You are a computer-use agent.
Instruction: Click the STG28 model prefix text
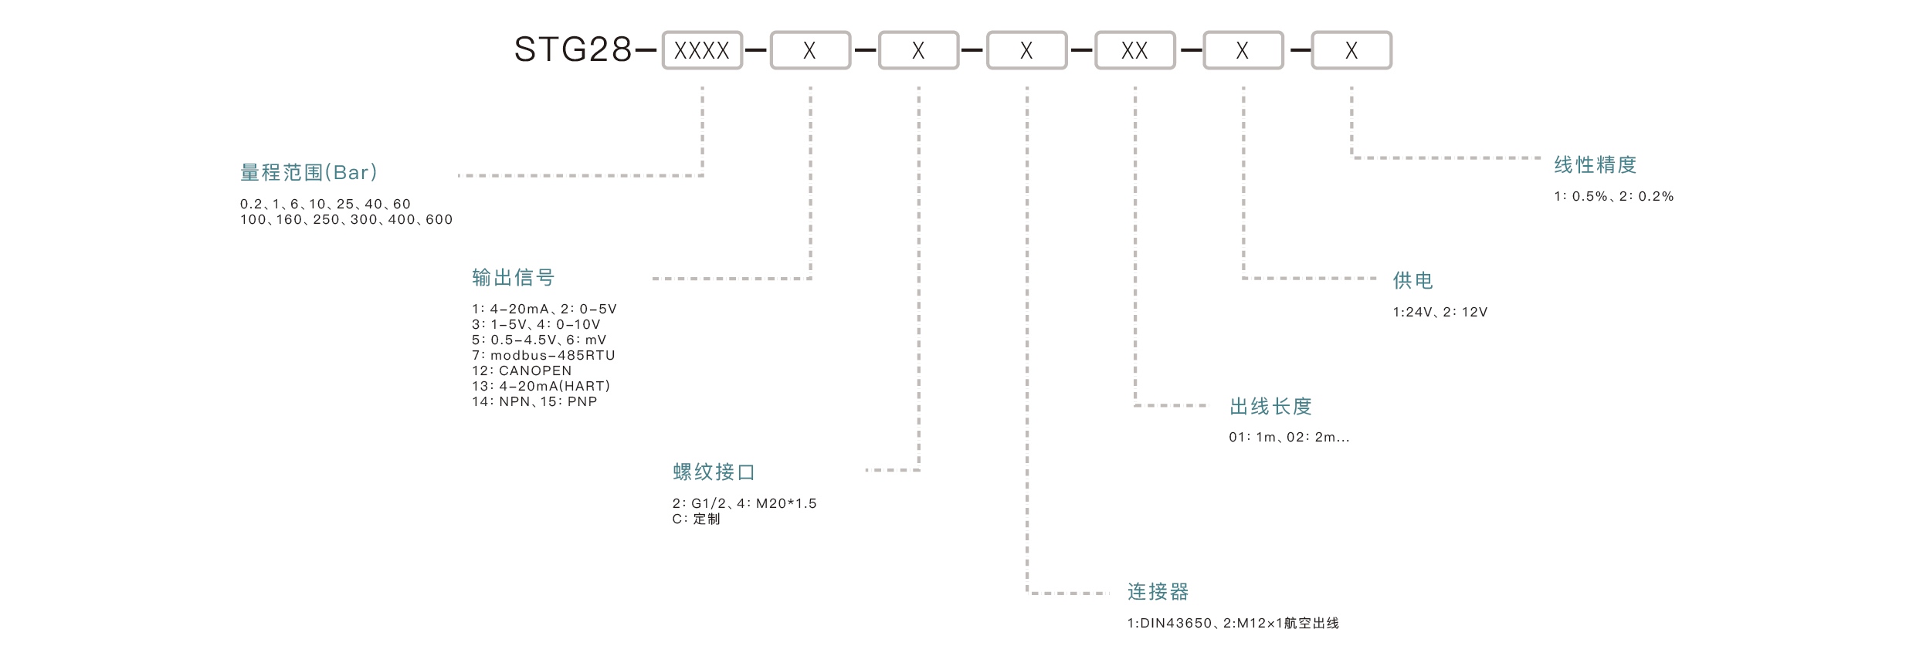pyautogui.click(x=573, y=50)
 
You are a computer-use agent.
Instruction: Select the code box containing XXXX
pyautogui.click(x=701, y=51)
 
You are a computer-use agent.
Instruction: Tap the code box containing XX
pyautogui.click(x=1134, y=51)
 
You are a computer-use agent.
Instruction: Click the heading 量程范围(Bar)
pyautogui.click(x=309, y=172)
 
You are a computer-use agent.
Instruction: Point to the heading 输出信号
pyautogui.click(x=514, y=277)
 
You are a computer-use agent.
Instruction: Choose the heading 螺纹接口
pyautogui.click(x=714, y=472)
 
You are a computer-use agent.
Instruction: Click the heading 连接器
pyautogui.click(x=1158, y=592)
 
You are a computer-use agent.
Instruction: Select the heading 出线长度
pyautogui.click(x=1270, y=406)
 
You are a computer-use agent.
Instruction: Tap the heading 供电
pyautogui.click(x=1412, y=280)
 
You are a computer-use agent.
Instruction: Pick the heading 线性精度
pyautogui.click(x=1596, y=164)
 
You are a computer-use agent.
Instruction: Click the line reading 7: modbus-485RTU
pyautogui.click(x=543, y=355)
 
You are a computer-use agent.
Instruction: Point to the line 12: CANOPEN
pyautogui.click(x=521, y=370)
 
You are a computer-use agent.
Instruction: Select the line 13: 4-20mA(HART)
pyautogui.click(x=541, y=386)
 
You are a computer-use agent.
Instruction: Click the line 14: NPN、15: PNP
pyautogui.click(x=534, y=401)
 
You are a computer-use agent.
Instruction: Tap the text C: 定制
pyautogui.click(x=696, y=519)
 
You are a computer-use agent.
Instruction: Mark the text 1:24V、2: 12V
pyautogui.click(x=1440, y=312)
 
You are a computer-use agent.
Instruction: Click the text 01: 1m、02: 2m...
pyautogui.click(x=1288, y=437)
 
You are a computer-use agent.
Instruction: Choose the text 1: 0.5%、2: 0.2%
pyautogui.click(x=1613, y=196)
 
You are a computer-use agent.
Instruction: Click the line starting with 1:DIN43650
pyautogui.click(x=1233, y=623)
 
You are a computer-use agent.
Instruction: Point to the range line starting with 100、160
pyautogui.click(x=346, y=219)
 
